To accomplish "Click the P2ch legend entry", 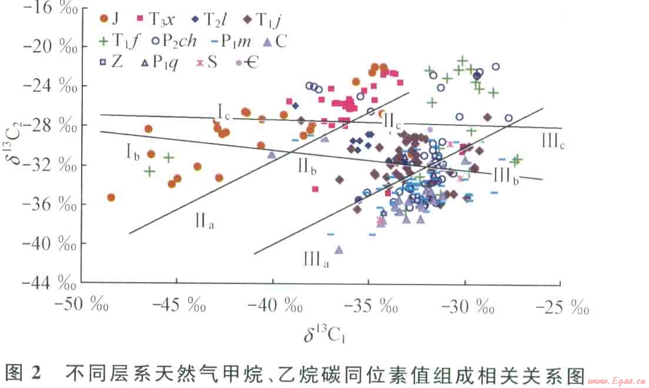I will pyautogui.click(x=173, y=42).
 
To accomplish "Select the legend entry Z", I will pyautogui.click(x=112, y=62).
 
